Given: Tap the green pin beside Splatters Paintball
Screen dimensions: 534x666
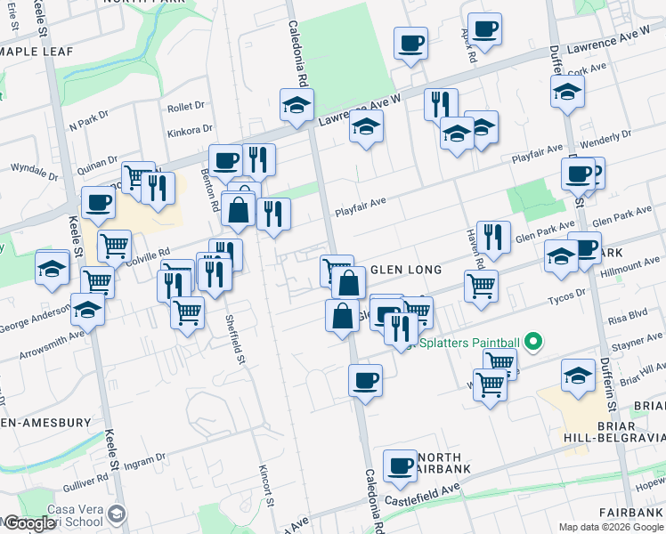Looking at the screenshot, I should [x=533, y=341].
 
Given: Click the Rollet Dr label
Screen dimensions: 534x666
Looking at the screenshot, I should [x=186, y=107].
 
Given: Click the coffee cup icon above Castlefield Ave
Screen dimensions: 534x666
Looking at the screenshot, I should [x=400, y=465].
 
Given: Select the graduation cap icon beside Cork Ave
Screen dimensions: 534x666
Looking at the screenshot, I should [x=567, y=91].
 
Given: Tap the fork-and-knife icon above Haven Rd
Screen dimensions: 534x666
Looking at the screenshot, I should [x=493, y=237].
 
